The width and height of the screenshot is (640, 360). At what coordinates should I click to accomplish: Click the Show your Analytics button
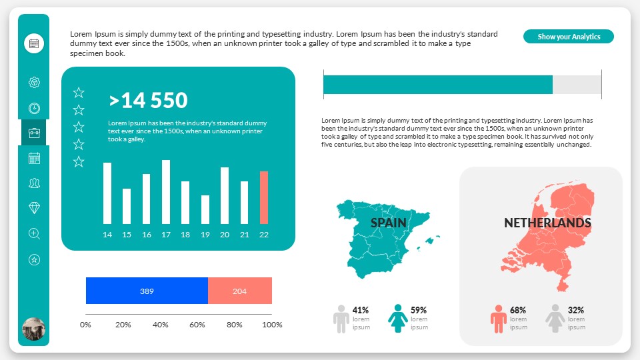[x=568, y=37]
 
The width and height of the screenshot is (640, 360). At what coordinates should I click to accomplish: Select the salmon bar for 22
[x=264, y=197]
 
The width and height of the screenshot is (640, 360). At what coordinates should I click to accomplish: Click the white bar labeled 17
[x=166, y=192]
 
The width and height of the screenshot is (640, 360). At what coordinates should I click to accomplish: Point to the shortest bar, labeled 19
[x=205, y=209]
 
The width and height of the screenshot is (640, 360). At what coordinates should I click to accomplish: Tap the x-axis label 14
[x=107, y=235]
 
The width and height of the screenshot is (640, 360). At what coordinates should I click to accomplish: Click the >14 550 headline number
[x=149, y=101]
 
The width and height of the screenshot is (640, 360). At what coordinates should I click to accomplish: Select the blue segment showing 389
[x=147, y=291]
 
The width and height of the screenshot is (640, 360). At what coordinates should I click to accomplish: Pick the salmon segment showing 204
[x=240, y=291]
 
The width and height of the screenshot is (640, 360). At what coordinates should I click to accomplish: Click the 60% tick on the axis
[x=197, y=325]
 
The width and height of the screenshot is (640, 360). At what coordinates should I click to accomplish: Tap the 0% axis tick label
[x=85, y=325]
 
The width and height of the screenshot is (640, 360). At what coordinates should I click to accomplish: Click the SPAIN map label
[x=388, y=223]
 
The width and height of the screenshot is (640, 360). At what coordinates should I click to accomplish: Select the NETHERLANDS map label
[x=547, y=223]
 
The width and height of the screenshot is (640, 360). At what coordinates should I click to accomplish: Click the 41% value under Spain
[x=361, y=310]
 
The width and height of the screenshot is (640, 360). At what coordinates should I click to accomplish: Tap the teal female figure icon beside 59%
[x=398, y=319]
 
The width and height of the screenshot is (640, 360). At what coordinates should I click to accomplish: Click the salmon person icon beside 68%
[x=499, y=319]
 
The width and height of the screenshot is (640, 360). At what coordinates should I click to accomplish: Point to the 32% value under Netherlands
[x=576, y=310]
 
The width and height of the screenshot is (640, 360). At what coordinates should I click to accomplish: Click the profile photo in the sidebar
[x=34, y=329]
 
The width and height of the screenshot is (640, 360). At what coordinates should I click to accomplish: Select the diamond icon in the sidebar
[x=35, y=208]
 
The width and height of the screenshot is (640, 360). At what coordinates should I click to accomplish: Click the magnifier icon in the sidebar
[x=35, y=233]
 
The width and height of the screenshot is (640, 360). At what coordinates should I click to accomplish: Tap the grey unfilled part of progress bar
[x=577, y=85]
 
